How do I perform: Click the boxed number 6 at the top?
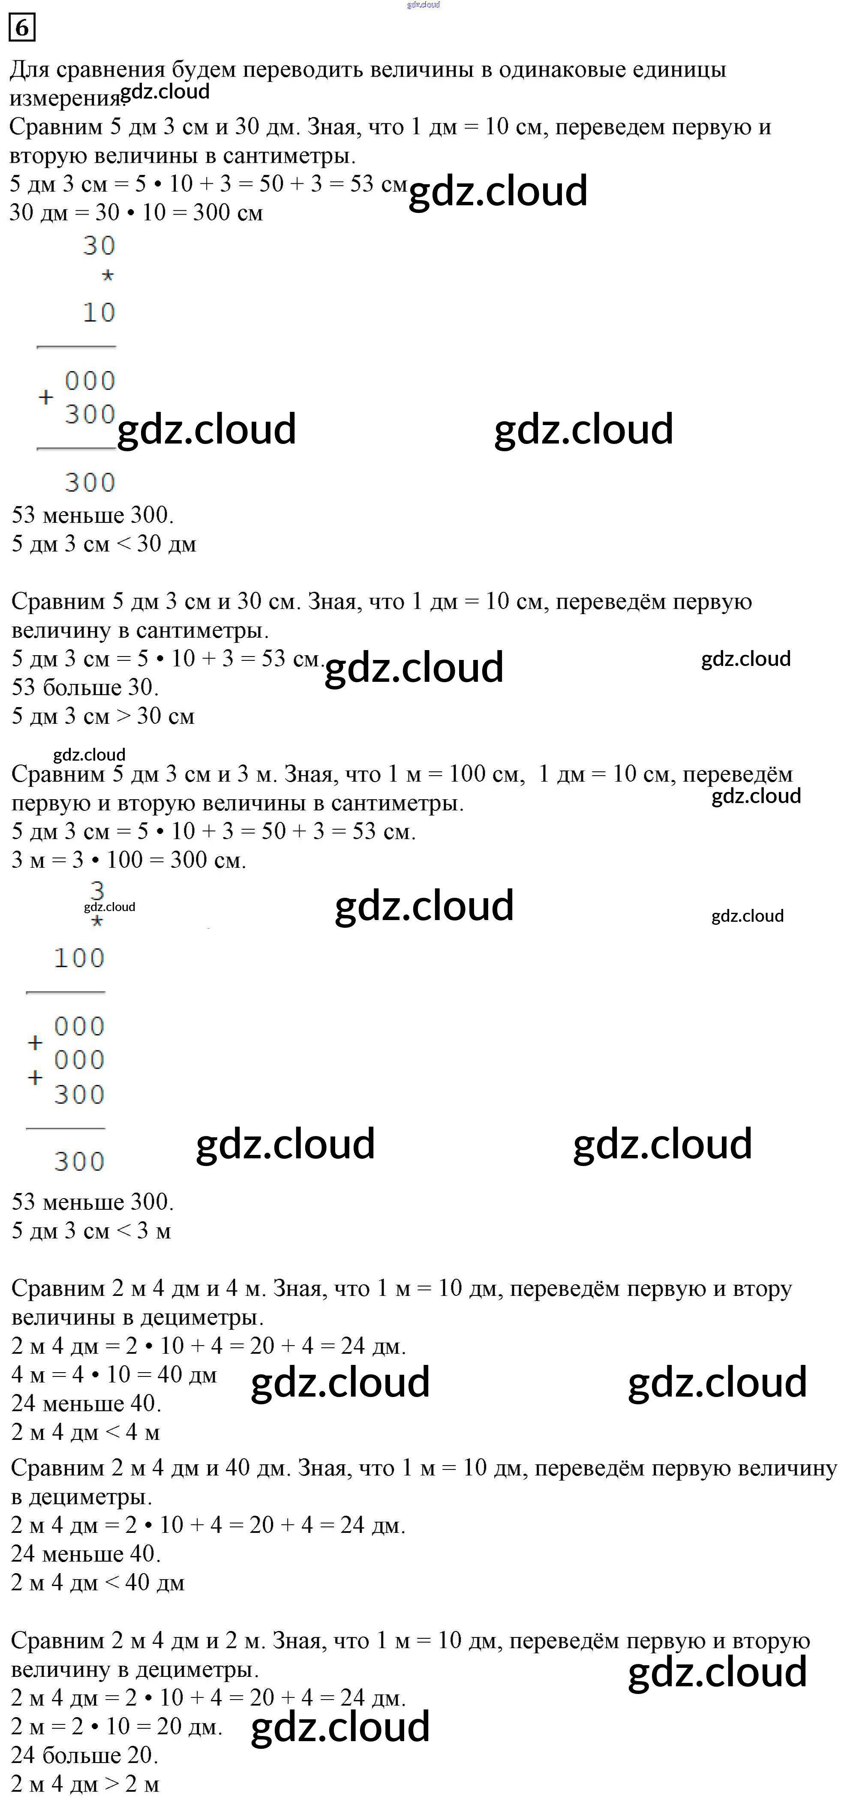[22, 27]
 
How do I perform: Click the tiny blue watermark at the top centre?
[423, 5]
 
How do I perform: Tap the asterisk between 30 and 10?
[107, 276]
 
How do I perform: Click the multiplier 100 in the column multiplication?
[79, 958]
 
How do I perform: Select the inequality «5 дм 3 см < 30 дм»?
[104, 544]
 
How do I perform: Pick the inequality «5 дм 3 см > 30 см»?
[103, 716]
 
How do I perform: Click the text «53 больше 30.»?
[85, 687]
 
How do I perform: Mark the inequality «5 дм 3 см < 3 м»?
[91, 1230]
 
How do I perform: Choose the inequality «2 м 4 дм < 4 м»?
[86, 1431]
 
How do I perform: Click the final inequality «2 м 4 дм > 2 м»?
[85, 1784]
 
